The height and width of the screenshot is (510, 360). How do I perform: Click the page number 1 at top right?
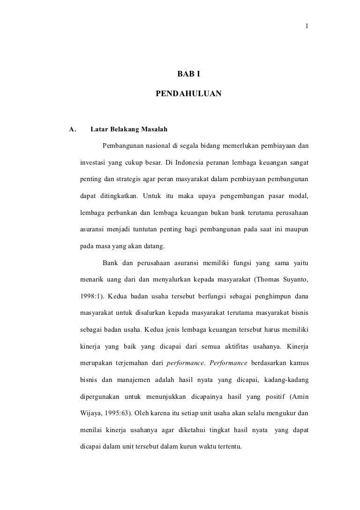tap(307, 26)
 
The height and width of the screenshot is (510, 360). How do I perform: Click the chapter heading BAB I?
tap(188, 74)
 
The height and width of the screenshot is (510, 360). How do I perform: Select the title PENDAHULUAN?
tap(188, 94)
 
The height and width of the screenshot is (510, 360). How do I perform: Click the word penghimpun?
tap(263, 297)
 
